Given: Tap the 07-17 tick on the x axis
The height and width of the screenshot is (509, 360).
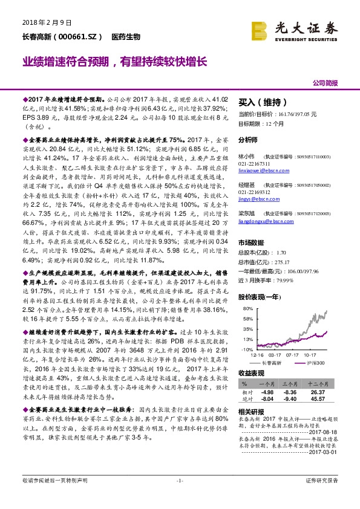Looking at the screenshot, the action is pyautogui.click(x=293, y=355).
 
